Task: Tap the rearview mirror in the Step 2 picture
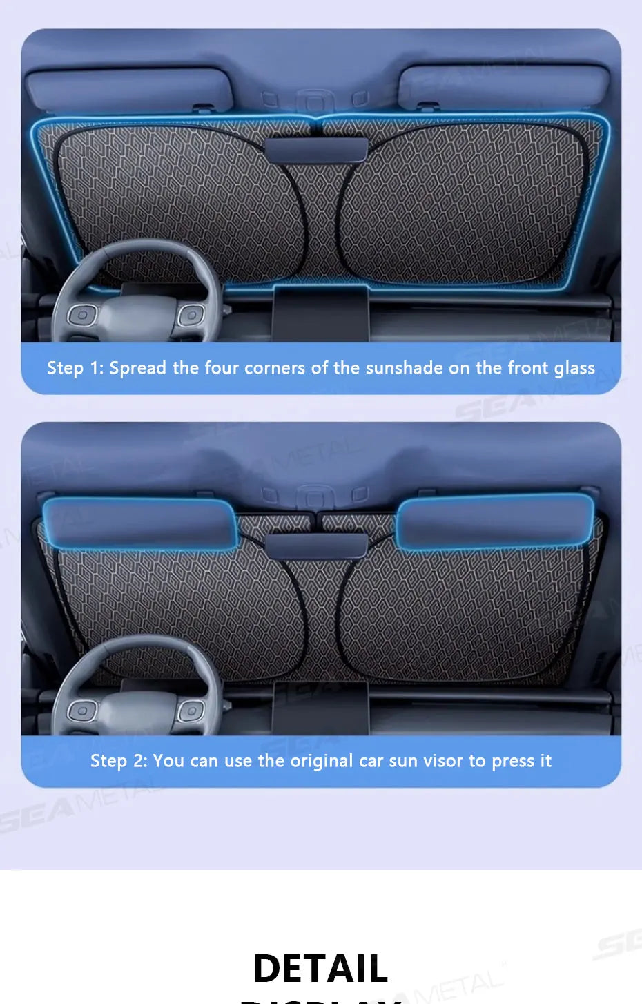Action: click(x=315, y=545)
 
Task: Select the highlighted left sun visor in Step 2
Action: click(x=139, y=523)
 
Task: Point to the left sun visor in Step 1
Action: click(x=129, y=90)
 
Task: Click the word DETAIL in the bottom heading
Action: click(x=320, y=968)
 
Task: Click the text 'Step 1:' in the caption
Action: click(x=75, y=368)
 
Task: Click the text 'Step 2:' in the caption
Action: click(x=119, y=761)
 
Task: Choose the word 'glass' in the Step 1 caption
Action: click(x=574, y=369)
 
